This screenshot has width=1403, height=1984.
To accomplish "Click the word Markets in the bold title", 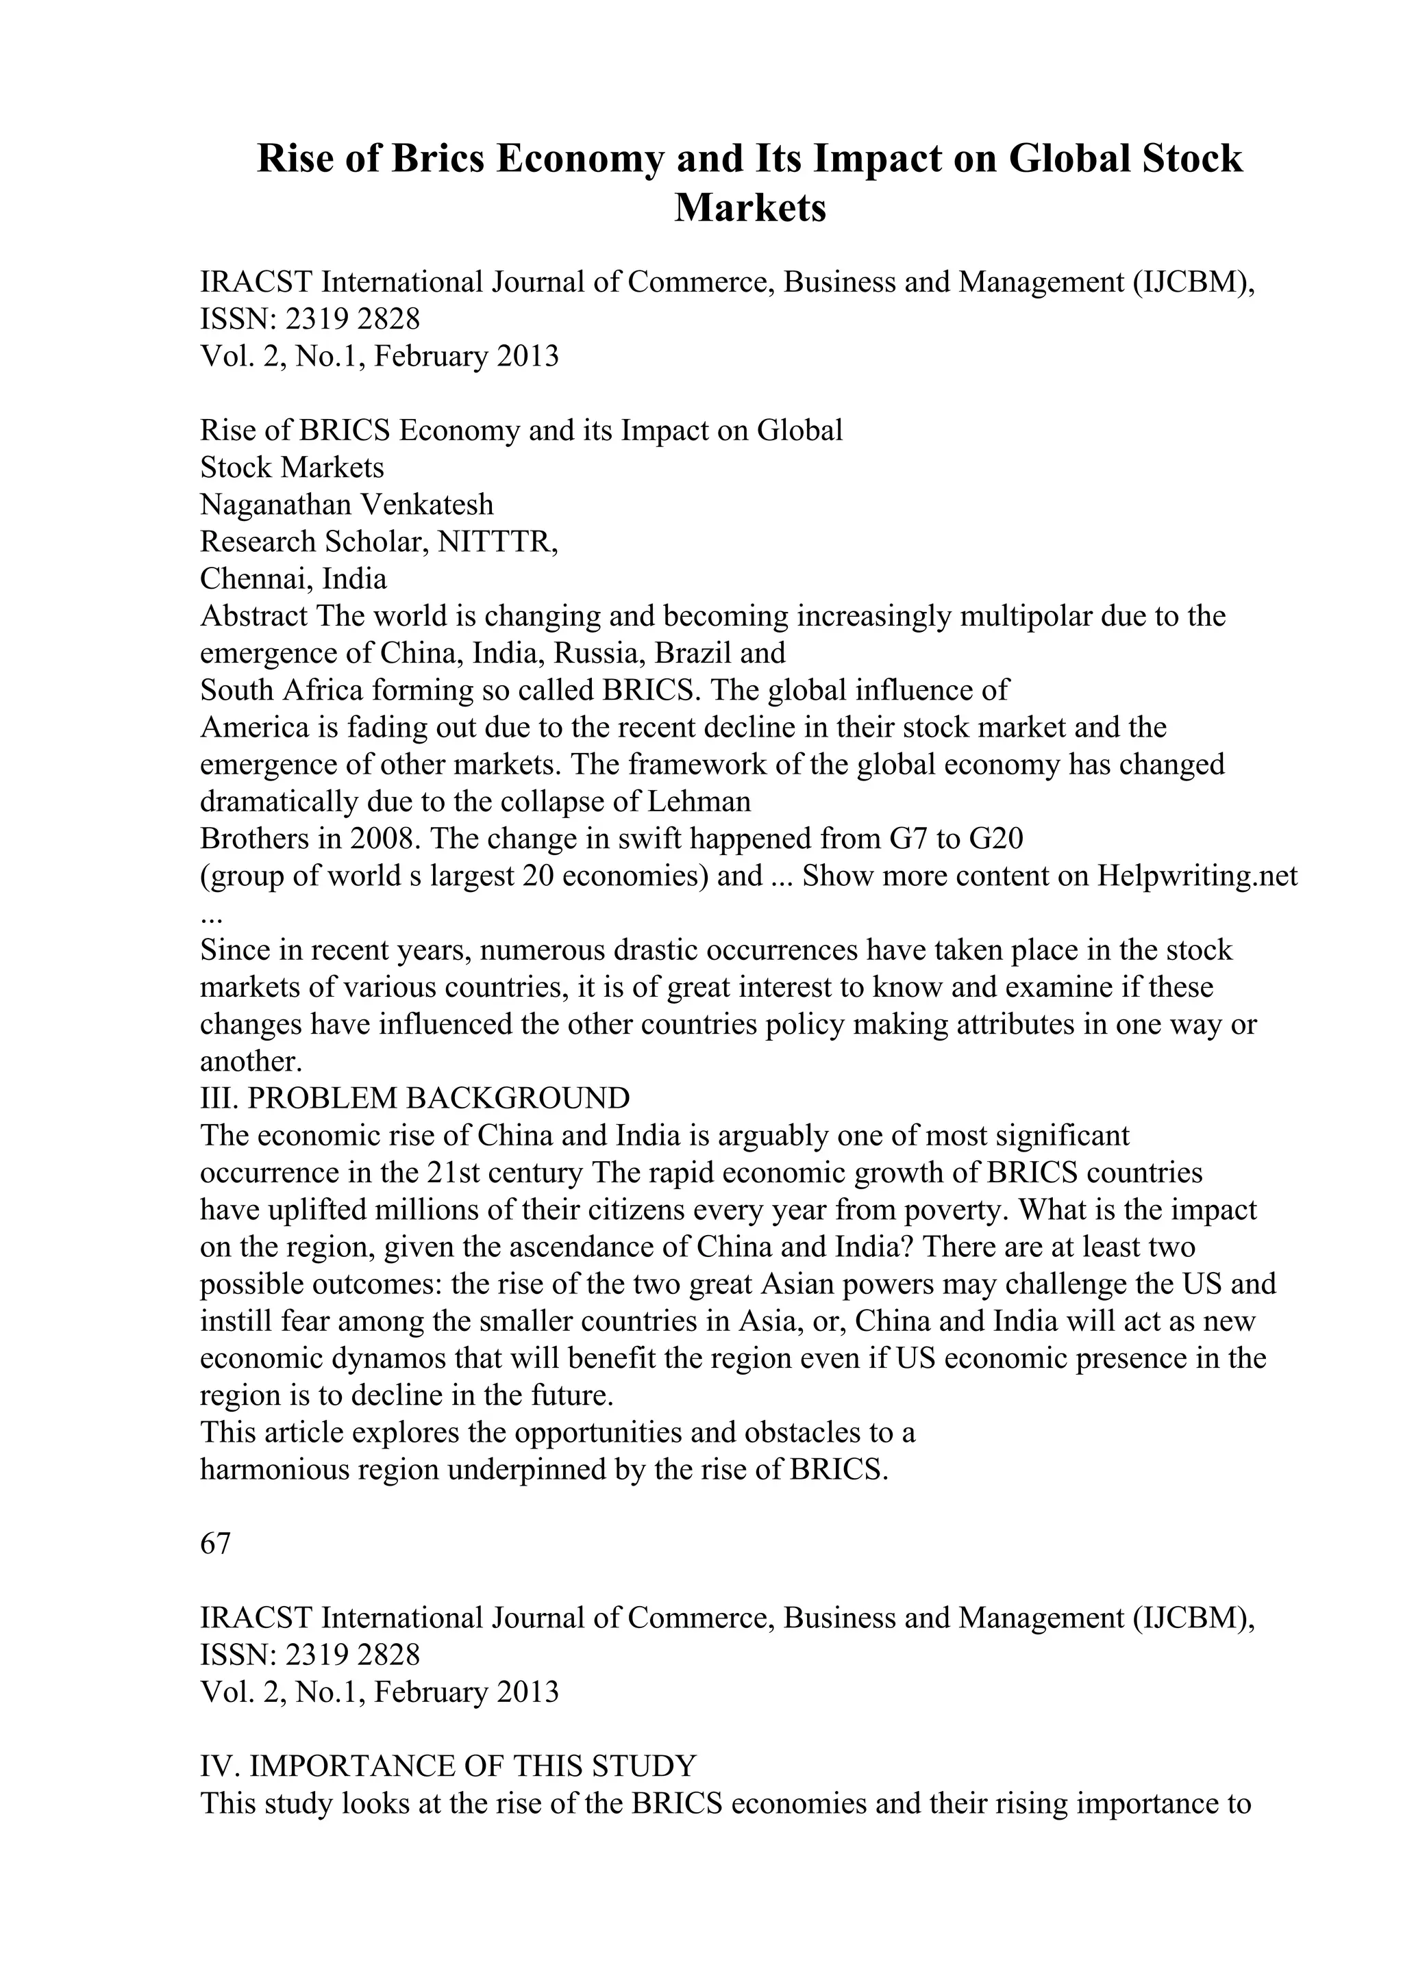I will coord(749,207).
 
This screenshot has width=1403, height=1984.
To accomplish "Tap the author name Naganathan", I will coord(275,504).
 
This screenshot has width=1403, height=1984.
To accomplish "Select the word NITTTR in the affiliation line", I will coord(497,541).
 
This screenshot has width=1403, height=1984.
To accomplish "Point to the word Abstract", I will coord(254,616).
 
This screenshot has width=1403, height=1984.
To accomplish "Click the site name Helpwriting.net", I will coord(1197,876).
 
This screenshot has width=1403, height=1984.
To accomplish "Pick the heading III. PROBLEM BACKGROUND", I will coord(415,1098).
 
